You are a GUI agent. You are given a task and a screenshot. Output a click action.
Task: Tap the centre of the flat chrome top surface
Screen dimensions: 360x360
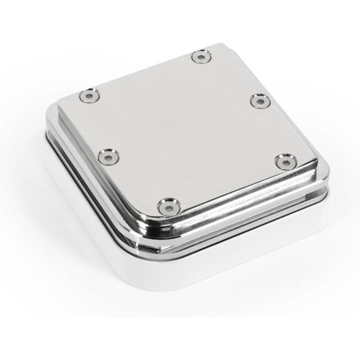187,130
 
